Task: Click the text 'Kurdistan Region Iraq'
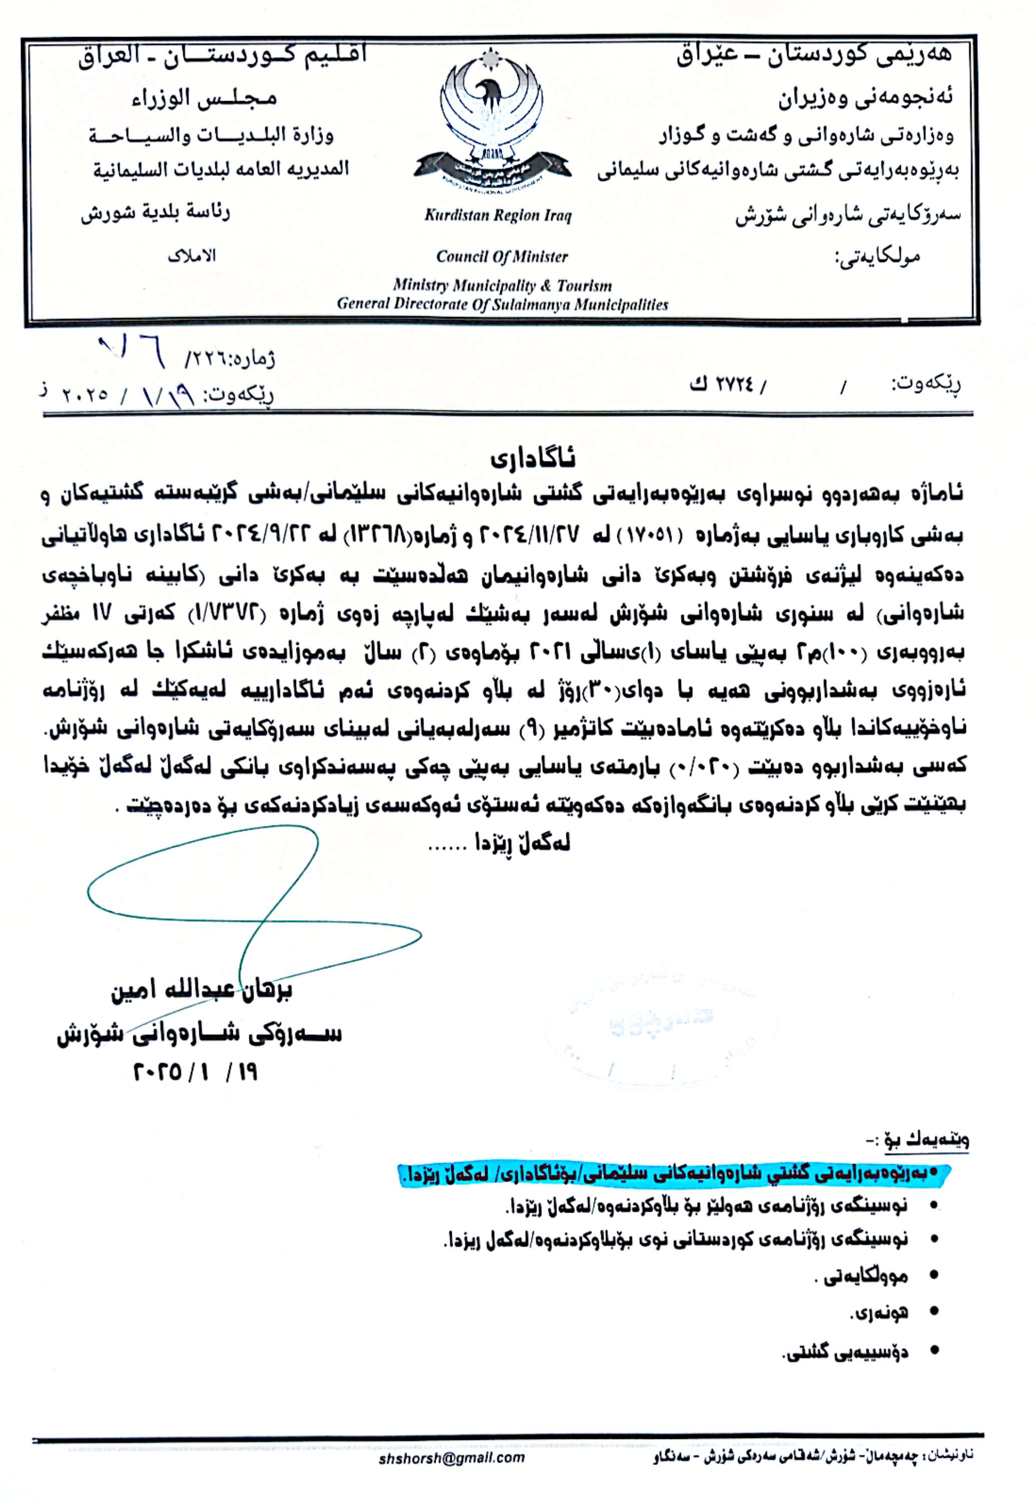tap(498, 216)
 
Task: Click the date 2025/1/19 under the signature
tap(195, 1071)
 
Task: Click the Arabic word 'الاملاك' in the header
tap(192, 256)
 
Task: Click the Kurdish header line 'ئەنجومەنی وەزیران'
tap(866, 99)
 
